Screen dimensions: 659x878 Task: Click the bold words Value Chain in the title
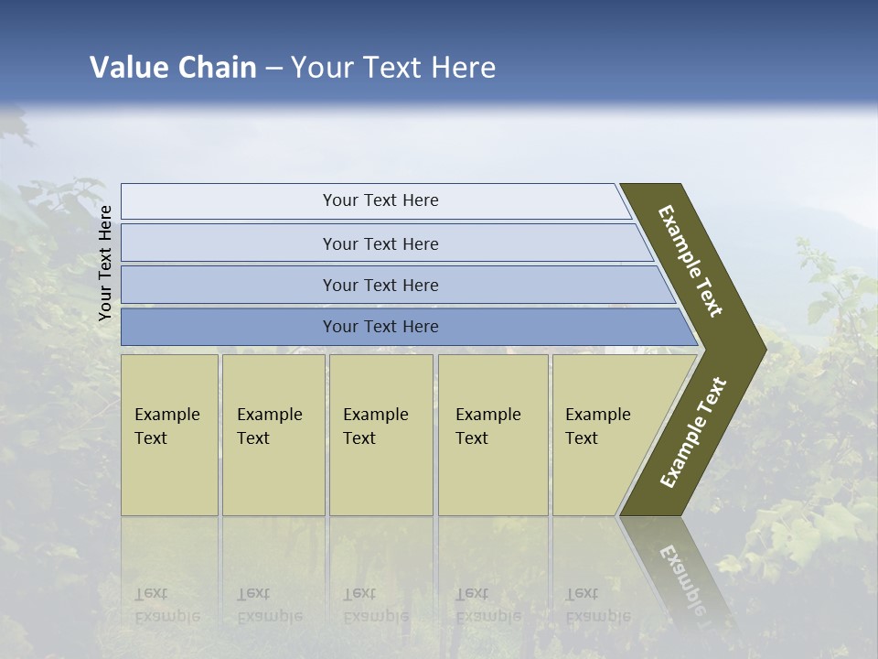coord(173,68)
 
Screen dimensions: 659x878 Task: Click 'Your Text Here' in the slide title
coord(393,68)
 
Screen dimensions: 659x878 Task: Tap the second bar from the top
coord(380,243)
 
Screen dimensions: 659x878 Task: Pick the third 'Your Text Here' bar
coord(380,285)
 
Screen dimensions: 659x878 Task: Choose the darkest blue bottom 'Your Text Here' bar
coord(380,327)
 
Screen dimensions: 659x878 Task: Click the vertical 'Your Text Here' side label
coord(105,263)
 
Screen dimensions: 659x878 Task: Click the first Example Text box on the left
coord(169,435)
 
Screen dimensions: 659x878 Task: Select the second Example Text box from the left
coord(273,435)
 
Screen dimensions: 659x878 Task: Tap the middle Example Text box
coord(380,435)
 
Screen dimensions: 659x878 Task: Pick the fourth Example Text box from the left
coord(493,435)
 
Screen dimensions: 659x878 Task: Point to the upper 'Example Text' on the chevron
coord(691,261)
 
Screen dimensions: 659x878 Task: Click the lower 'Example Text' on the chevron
coord(693,432)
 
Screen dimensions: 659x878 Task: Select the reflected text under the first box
coord(166,605)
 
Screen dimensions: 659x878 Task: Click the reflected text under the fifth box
coord(597,605)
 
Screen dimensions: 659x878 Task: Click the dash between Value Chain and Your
coord(273,69)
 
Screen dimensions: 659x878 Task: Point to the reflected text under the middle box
coord(375,605)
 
